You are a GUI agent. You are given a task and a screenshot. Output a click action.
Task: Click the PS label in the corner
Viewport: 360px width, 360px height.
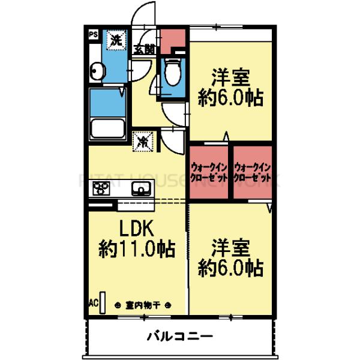pyautogui.click(x=94, y=35)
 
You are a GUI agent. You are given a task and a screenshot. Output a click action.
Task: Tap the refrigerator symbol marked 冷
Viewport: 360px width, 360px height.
pyautogui.click(x=143, y=142)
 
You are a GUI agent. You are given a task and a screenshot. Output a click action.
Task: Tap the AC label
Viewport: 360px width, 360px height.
pyautogui.click(x=94, y=302)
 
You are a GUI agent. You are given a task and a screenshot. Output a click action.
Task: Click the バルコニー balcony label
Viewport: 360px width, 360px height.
pyautogui.click(x=180, y=336)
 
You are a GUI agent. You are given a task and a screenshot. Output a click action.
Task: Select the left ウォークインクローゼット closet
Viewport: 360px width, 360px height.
pyautogui.click(x=210, y=173)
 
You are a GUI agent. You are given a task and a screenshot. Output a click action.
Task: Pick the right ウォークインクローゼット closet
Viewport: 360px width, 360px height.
pyautogui.click(x=253, y=173)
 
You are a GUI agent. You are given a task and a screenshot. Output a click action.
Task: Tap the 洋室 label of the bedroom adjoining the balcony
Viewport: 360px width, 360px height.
pyautogui.click(x=231, y=247)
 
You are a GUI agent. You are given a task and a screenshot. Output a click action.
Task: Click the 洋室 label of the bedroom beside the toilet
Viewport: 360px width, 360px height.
pyautogui.click(x=231, y=78)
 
